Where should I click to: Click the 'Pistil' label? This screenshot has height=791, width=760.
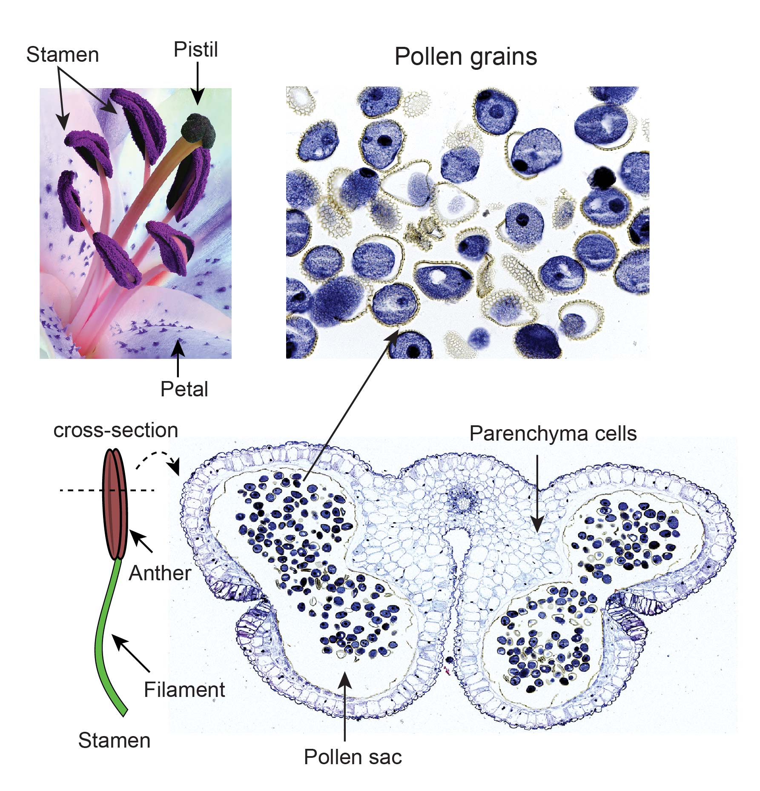click(x=195, y=50)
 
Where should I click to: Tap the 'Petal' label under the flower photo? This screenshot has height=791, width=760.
click(x=184, y=389)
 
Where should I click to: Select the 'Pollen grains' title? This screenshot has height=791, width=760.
click(x=465, y=57)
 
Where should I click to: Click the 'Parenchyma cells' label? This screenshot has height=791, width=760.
click(x=553, y=434)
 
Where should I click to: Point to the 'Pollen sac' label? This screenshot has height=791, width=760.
click(x=353, y=757)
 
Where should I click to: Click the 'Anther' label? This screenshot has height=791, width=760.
click(x=160, y=573)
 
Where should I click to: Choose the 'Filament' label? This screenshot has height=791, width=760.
click(x=184, y=690)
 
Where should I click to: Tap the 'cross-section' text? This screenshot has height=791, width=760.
click(x=115, y=430)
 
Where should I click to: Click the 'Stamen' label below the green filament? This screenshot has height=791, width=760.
click(x=114, y=740)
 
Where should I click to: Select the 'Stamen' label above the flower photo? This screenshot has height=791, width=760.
click(x=63, y=55)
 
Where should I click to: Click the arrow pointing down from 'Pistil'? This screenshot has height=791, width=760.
click(x=197, y=83)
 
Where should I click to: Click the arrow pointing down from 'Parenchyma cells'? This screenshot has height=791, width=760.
click(x=537, y=494)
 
